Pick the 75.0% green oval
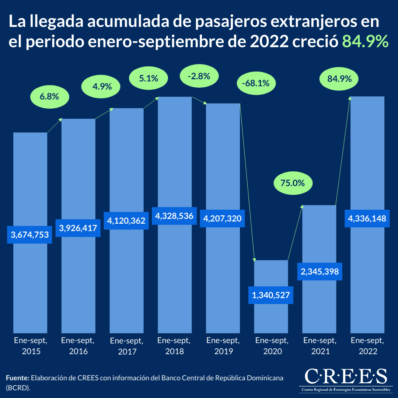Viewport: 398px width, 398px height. [x=293, y=183]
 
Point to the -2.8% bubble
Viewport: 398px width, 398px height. [x=199, y=77]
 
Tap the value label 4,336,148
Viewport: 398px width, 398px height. [x=367, y=219]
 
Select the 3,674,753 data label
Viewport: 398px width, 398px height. [x=30, y=235]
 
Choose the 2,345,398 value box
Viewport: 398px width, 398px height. [x=320, y=272]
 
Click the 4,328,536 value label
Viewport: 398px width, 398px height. [x=174, y=216]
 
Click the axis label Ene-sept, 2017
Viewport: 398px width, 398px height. [x=127, y=346]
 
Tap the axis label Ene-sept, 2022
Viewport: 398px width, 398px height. [x=367, y=345]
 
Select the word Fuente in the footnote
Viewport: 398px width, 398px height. [x=17, y=378]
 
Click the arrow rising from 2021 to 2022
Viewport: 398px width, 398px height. [x=342, y=151]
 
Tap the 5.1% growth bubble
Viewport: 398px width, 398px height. [x=149, y=78]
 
